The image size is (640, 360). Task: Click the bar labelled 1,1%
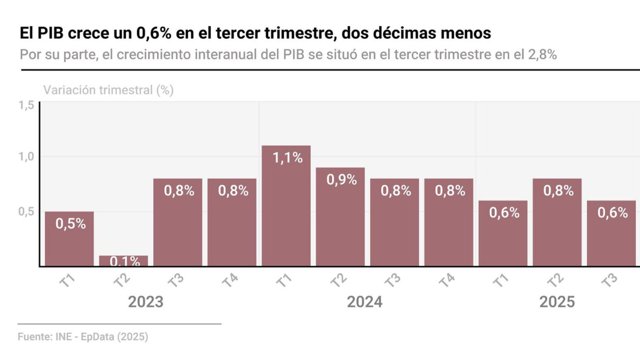pos(286,205)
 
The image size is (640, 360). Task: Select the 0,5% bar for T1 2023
pos(69,238)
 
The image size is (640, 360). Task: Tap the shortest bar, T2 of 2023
pos(123,261)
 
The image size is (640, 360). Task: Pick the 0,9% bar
pos(340,217)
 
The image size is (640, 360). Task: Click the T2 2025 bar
pos(557,222)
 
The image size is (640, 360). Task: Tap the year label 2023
pos(146,302)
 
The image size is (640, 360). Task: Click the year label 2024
pos(365,302)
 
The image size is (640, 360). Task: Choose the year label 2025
pos(557,302)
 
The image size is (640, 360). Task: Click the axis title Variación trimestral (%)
pos(108,90)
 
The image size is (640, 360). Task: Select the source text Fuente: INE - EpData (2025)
pos(83,337)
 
